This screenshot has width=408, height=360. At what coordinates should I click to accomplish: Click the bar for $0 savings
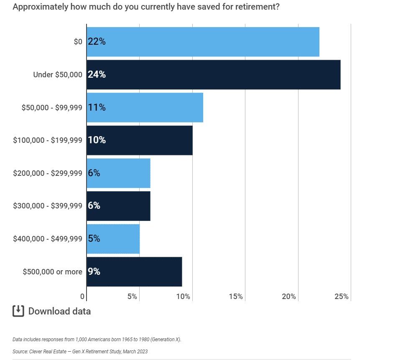[203, 42]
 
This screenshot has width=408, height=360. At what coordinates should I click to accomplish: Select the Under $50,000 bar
[213, 75]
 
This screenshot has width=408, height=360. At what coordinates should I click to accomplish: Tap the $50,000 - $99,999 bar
[145, 107]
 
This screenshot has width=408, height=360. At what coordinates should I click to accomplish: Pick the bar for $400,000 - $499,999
[113, 239]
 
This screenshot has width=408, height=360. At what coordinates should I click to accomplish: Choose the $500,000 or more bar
[134, 272]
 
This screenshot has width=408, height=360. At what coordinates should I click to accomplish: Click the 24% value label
[97, 75]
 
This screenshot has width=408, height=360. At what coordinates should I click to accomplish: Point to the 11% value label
[97, 107]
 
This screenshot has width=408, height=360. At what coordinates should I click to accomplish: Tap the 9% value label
[94, 272]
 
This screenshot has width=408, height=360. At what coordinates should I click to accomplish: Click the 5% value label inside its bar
[94, 239]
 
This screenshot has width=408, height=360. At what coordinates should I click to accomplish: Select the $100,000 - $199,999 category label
[48, 140]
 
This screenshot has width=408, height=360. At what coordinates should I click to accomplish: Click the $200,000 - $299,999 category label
[48, 173]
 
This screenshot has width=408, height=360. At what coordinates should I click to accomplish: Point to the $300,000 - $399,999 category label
[48, 206]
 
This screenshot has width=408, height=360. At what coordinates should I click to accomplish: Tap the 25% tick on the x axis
[342, 297]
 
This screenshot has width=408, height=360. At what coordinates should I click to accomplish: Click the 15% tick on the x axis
[236, 297]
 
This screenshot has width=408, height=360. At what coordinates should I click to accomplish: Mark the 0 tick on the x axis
[82, 297]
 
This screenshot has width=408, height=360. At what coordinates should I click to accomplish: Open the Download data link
[59, 311]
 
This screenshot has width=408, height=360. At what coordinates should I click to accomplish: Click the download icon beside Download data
[18, 311]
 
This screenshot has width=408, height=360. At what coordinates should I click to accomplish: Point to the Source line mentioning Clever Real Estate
[80, 352]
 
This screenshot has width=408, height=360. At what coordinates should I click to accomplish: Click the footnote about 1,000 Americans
[97, 340]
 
